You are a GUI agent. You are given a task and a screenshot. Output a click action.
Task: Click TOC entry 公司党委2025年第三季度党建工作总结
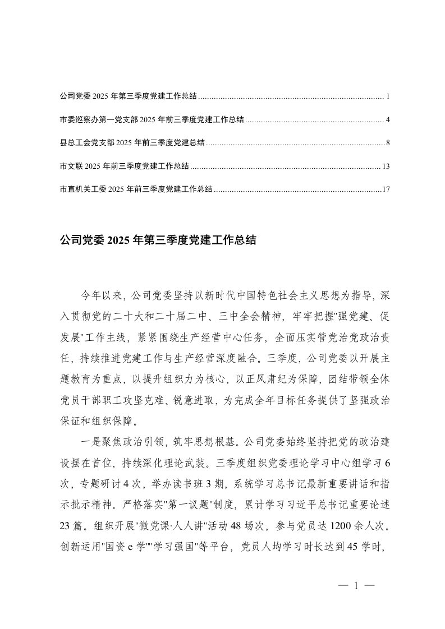coord(128,96)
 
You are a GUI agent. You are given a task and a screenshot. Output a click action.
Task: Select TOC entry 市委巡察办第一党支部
coord(152,119)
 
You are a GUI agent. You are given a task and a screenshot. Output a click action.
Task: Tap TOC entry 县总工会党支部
coord(132,143)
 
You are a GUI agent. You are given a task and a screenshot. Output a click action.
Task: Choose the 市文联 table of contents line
coord(124,166)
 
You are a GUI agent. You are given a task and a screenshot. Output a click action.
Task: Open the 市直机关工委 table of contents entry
coord(136,189)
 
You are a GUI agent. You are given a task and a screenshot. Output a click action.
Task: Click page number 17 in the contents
coord(385,189)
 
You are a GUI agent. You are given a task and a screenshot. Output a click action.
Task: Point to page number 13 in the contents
coord(385,166)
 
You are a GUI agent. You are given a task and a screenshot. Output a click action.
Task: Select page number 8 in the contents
coord(388,143)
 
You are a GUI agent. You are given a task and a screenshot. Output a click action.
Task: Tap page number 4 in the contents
coord(388,119)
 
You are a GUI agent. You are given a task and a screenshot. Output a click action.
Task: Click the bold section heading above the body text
coord(158,241)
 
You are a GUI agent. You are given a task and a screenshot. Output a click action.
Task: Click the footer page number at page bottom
coord(356,586)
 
